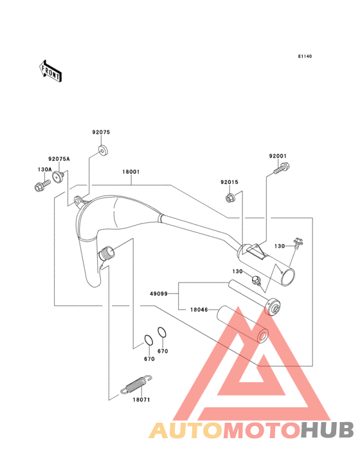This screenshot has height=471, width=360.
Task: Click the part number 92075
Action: click(101, 132)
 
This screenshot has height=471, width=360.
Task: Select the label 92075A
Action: click(59, 159)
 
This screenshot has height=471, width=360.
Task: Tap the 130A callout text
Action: click(45, 170)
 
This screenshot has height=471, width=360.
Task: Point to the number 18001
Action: click(130, 172)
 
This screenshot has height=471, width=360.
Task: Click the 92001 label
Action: click(278, 156)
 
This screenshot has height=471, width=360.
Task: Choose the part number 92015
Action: click(230, 182)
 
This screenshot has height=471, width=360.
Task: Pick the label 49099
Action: click(159, 294)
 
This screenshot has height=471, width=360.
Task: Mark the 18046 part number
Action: click(199, 309)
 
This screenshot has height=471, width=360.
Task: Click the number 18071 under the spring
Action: click(141, 400)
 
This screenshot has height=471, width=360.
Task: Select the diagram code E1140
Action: click(305, 56)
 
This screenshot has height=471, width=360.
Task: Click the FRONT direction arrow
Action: click(50, 71)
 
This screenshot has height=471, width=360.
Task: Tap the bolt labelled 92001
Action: click(282, 168)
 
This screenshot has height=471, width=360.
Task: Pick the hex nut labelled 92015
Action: click(230, 198)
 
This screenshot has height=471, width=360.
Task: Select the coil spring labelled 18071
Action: click(136, 384)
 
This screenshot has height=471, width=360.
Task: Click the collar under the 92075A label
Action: click(58, 176)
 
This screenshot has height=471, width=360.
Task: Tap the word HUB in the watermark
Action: click(328, 430)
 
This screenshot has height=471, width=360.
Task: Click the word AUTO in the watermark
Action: click(186, 430)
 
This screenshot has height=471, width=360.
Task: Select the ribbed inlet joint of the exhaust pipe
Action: click(107, 254)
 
